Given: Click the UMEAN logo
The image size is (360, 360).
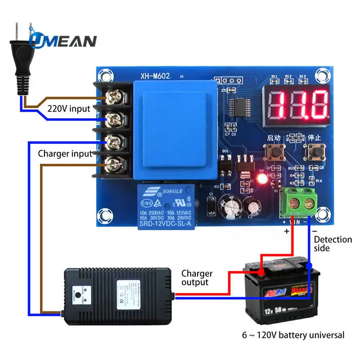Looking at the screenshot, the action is pyautogui.click(x=63, y=40).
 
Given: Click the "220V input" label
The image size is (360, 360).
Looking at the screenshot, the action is pyautogui.click(x=69, y=108).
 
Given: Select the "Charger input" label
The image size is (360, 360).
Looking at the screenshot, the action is pyautogui.click(x=65, y=153).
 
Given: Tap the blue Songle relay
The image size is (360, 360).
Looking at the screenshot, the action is pyautogui.click(x=168, y=206).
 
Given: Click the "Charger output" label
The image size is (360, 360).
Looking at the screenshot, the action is pyautogui.click(x=197, y=278).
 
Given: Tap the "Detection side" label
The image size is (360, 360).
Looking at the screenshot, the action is pyautogui.click(x=333, y=243).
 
